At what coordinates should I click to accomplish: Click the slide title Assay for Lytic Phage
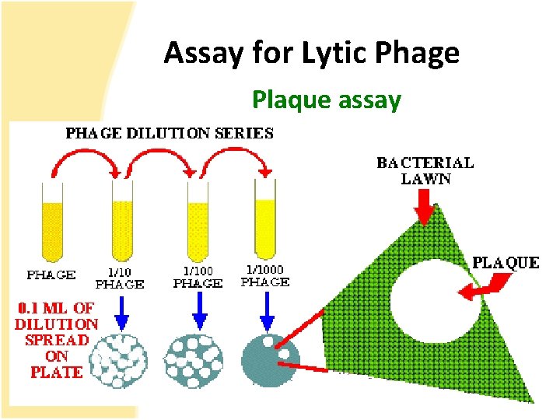[x=311, y=53]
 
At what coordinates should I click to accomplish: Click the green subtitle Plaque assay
[x=327, y=100]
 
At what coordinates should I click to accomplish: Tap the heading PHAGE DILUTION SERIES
[x=170, y=132]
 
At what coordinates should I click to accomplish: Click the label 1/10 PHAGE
[x=120, y=278]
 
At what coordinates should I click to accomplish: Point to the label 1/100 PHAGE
[x=197, y=278]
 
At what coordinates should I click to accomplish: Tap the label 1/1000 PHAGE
[x=265, y=275]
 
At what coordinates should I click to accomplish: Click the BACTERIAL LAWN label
[x=425, y=170]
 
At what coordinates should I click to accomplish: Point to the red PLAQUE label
[x=506, y=262]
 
